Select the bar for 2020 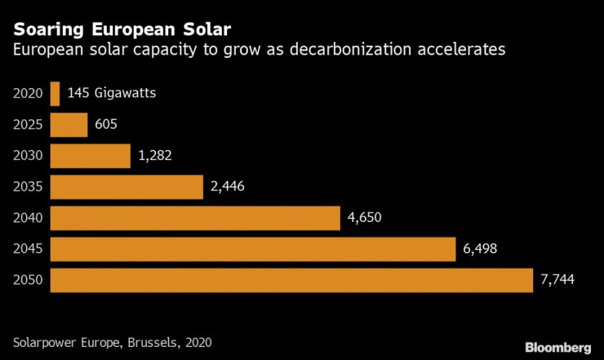tap(55, 94)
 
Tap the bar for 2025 tap(69, 125)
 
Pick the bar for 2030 tap(90, 156)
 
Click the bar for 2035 tap(126, 187)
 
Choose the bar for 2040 tap(194, 218)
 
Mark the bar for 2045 tap(252, 249)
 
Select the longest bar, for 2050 tap(291, 280)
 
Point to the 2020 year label tap(28, 94)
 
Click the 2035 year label tap(28, 187)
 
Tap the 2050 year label tap(28, 280)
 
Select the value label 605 tap(106, 125)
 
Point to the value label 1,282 tap(155, 156)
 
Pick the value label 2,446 tap(227, 187)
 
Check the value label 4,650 tap(364, 218)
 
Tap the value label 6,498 tap(479, 249)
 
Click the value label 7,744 tap(557, 280)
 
